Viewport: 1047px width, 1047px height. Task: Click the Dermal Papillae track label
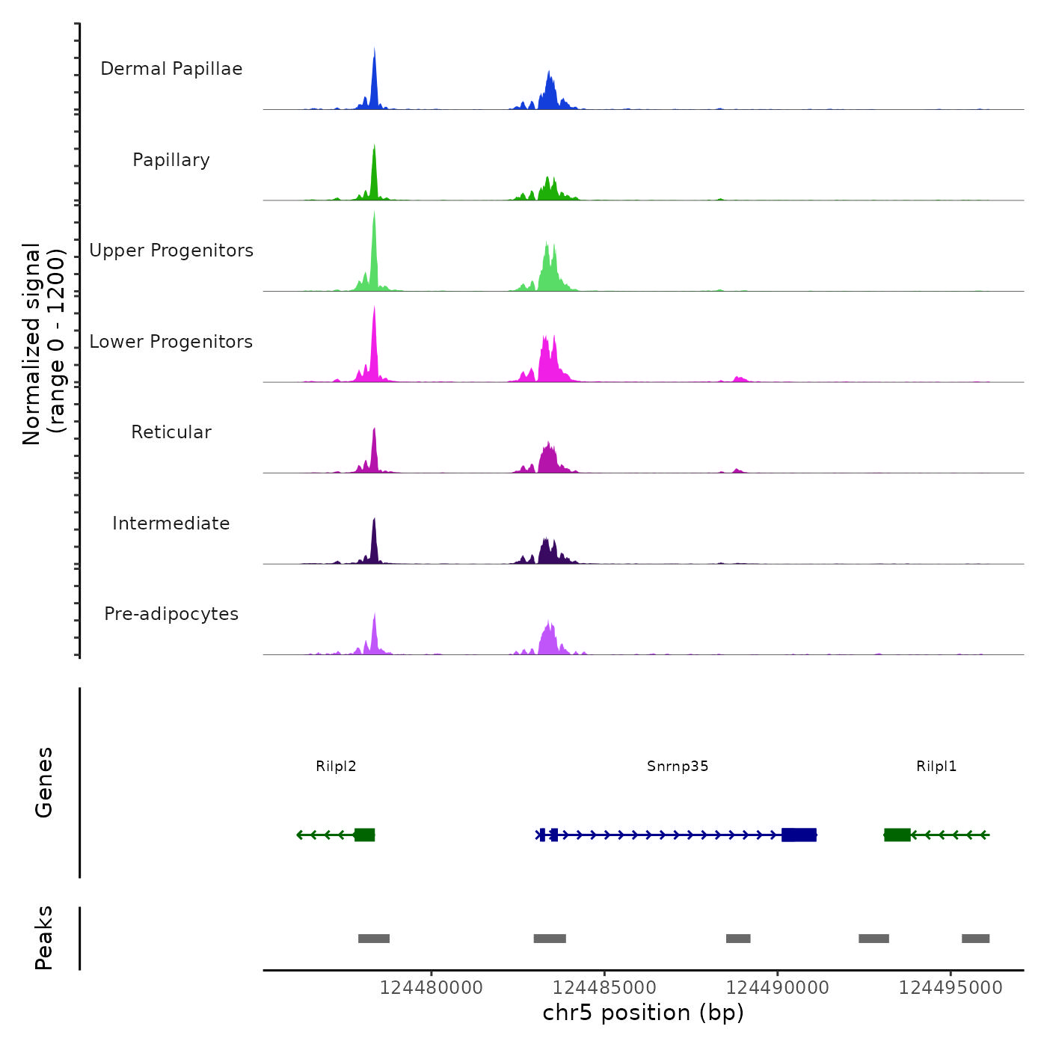[x=171, y=69]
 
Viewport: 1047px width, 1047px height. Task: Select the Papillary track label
[x=171, y=160]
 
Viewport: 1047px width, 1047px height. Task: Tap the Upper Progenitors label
[x=171, y=251]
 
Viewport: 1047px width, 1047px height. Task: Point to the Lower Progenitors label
[x=171, y=342]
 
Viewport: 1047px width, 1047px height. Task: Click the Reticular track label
[x=171, y=432]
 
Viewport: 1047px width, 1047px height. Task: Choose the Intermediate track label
[x=171, y=523]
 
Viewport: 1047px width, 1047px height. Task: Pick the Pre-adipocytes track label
[x=171, y=614]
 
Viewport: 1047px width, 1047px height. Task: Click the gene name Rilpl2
[x=336, y=767]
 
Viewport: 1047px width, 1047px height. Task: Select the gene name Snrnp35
[x=678, y=767]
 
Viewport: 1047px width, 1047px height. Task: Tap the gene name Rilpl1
[x=936, y=767]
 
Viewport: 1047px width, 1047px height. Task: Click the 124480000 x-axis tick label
[x=431, y=988]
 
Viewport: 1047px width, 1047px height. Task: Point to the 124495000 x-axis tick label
[x=951, y=988]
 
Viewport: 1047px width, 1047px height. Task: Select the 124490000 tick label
[x=778, y=988]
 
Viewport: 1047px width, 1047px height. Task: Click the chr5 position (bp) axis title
[x=643, y=1013]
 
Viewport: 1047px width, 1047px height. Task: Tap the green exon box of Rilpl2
[x=364, y=835]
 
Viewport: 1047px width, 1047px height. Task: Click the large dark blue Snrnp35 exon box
[x=799, y=835]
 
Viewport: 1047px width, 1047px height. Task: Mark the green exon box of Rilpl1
[x=897, y=835]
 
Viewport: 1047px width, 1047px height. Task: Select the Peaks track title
[x=44, y=938]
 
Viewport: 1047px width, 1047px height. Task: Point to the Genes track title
[x=44, y=782]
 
